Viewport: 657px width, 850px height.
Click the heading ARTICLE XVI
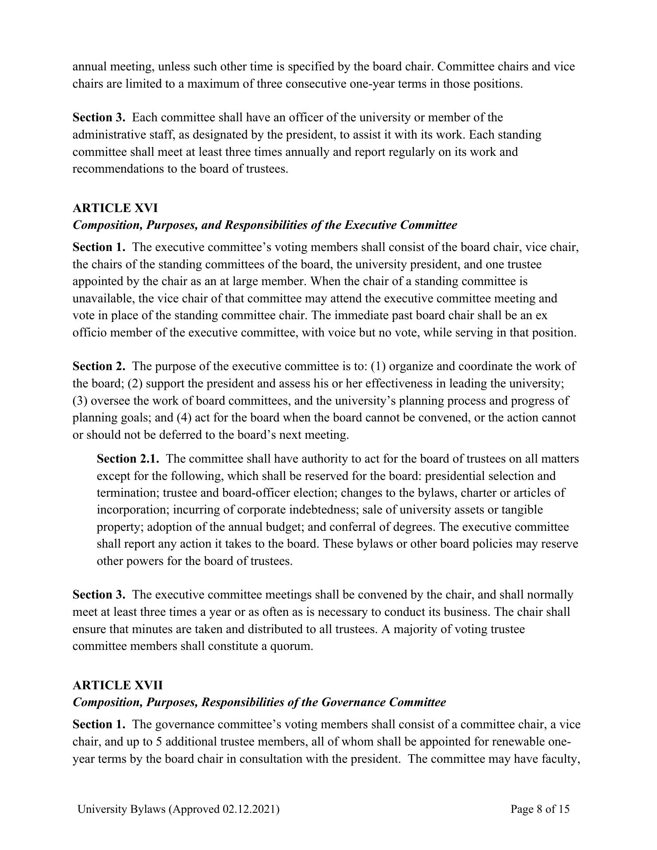tap(115, 208)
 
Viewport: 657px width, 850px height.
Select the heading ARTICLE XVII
tap(118, 685)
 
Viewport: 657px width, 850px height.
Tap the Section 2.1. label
tap(128, 459)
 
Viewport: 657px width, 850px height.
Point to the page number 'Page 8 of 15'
tap(540, 809)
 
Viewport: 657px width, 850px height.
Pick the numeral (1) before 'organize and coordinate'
tap(378, 367)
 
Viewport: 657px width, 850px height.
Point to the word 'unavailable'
tap(103, 299)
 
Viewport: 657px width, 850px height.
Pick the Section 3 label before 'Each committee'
tap(99, 118)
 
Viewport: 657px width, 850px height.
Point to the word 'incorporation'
tap(133, 510)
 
